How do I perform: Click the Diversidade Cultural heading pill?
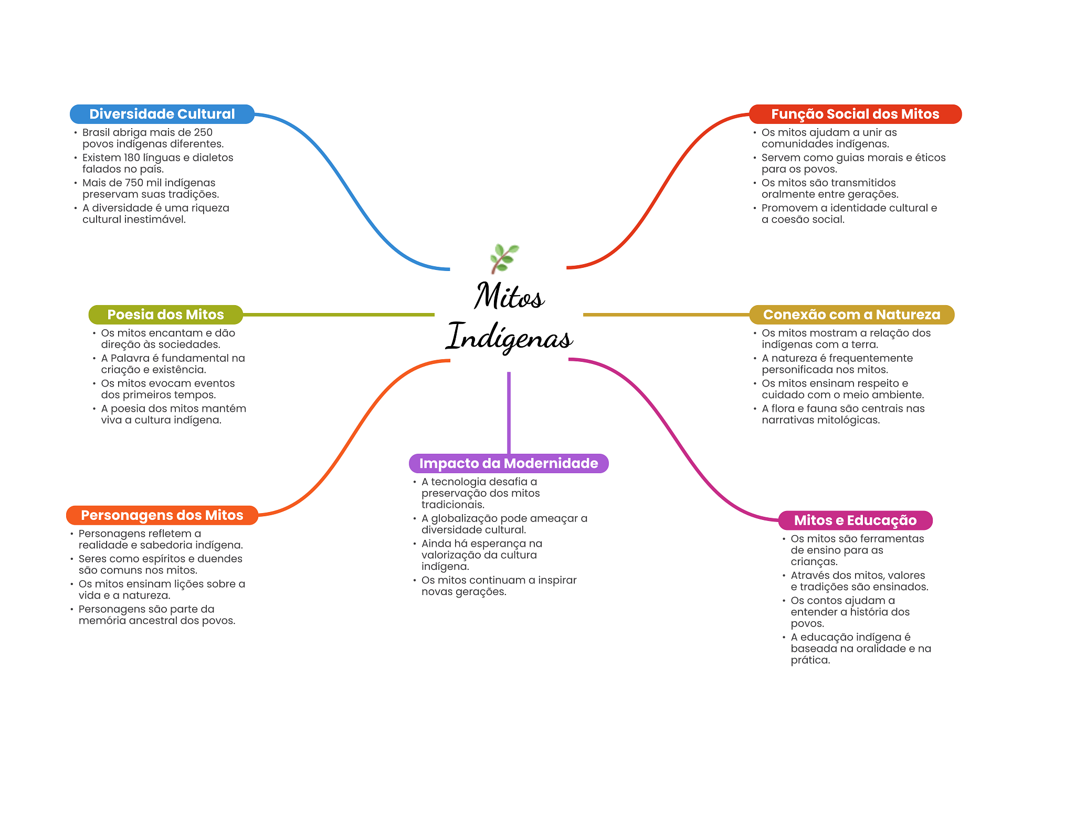point(162,114)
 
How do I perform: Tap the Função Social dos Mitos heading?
point(855,114)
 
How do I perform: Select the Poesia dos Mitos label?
point(166,315)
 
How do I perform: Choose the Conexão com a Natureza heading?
point(851,315)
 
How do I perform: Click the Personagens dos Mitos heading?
point(162,515)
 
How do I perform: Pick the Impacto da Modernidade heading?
point(509,463)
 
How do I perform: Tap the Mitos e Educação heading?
point(855,520)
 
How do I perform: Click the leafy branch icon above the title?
point(504,258)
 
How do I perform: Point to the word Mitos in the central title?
point(509,296)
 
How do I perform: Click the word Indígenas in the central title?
point(509,337)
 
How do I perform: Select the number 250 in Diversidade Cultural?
point(203,132)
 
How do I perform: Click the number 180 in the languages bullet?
point(132,158)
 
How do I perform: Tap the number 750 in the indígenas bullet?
point(134,183)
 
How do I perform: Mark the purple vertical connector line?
point(509,413)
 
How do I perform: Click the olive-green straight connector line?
point(339,315)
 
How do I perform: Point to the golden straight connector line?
point(666,315)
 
